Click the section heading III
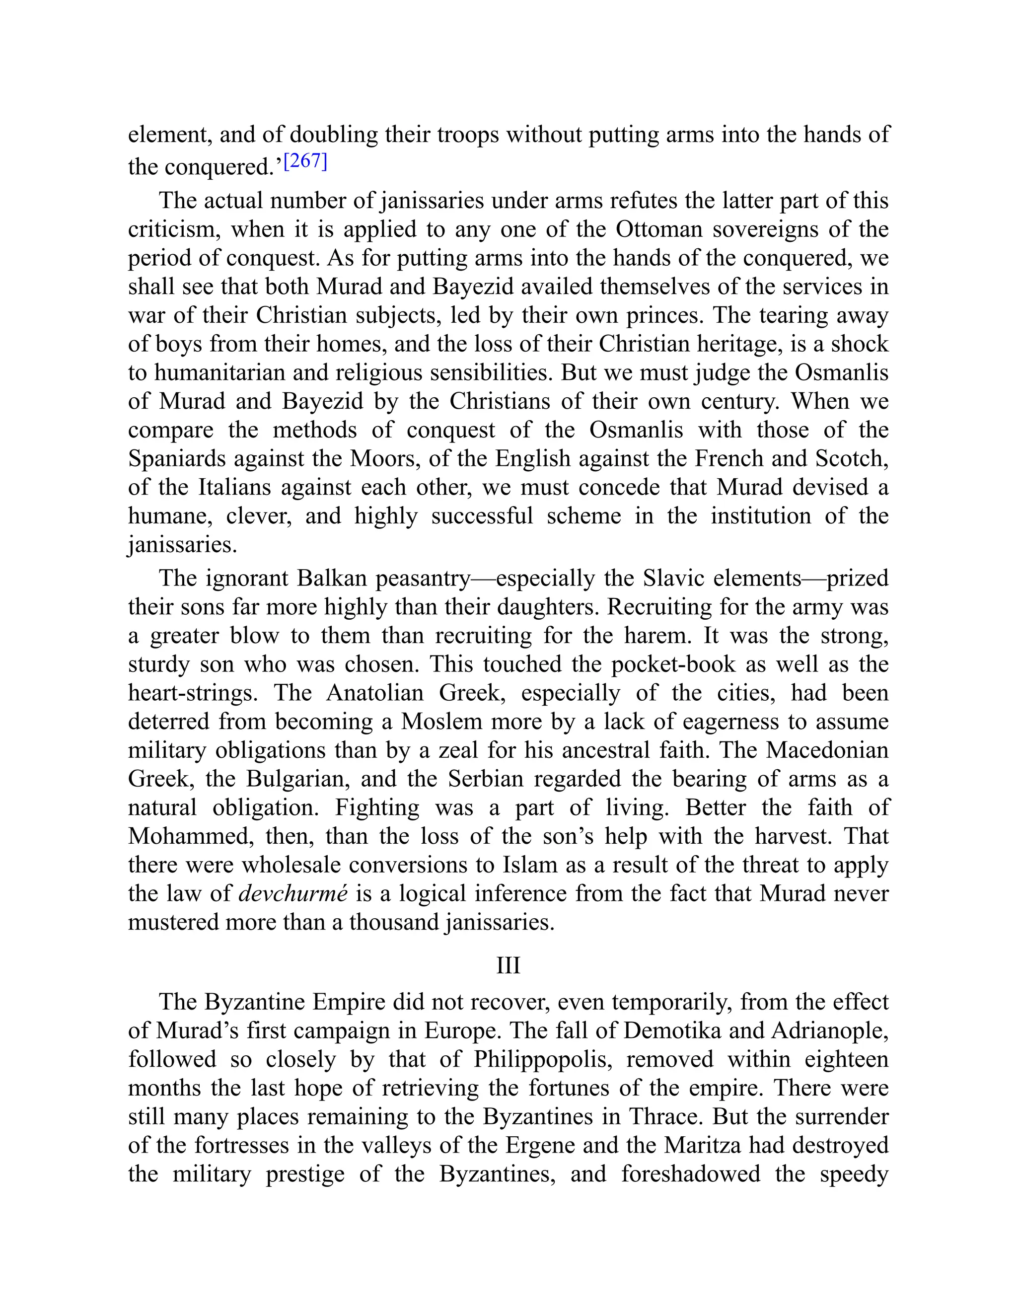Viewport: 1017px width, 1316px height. (508, 965)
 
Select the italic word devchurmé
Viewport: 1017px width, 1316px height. (293, 893)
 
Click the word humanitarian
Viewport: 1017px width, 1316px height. (220, 372)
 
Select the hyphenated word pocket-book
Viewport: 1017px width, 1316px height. (673, 664)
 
